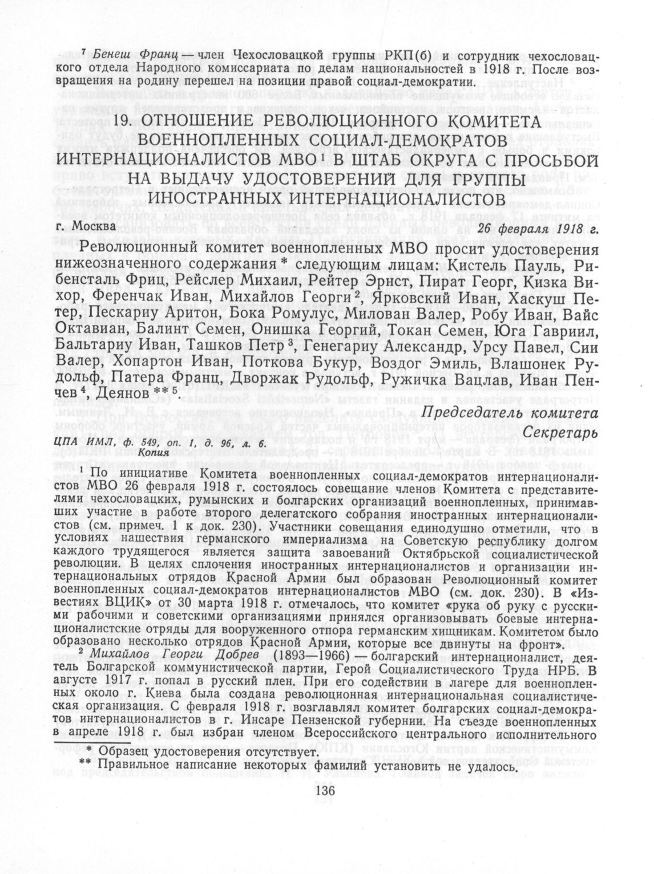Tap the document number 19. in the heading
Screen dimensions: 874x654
tap(126, 121)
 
